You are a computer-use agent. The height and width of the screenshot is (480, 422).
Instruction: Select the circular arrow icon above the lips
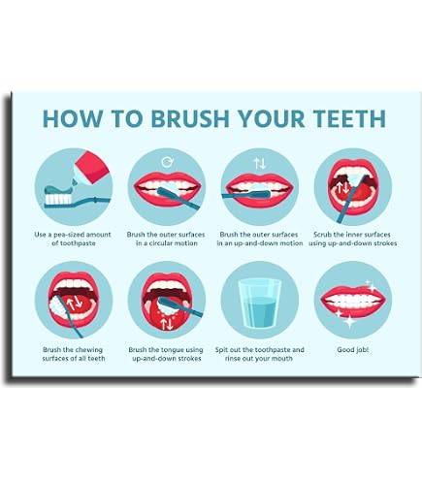167,162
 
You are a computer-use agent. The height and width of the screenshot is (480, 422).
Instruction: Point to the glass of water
260,303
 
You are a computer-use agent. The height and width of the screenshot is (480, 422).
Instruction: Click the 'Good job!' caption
352,349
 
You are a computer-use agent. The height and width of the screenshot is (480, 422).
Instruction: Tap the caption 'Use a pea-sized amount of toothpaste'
73,239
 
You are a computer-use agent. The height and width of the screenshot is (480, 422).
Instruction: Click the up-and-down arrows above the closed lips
260,163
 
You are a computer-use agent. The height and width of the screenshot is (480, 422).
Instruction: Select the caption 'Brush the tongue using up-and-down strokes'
166,354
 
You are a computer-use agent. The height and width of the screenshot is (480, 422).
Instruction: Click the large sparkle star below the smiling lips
349,321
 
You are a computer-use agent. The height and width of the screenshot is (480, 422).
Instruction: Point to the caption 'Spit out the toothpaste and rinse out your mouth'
259,354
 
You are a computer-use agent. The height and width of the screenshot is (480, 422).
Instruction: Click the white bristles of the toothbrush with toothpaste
58,199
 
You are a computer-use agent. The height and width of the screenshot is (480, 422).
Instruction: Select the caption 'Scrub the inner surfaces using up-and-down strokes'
352,239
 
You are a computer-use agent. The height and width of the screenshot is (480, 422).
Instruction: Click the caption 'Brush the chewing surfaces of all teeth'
74,354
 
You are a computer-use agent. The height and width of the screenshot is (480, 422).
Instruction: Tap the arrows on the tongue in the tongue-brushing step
167,324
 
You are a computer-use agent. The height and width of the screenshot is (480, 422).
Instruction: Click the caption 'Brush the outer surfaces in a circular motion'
166,239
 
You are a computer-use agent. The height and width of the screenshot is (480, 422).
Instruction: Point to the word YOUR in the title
272,118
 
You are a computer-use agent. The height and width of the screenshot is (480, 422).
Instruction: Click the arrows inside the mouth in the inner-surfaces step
342,188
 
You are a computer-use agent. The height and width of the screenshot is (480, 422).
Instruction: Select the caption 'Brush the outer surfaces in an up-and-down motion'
260,239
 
